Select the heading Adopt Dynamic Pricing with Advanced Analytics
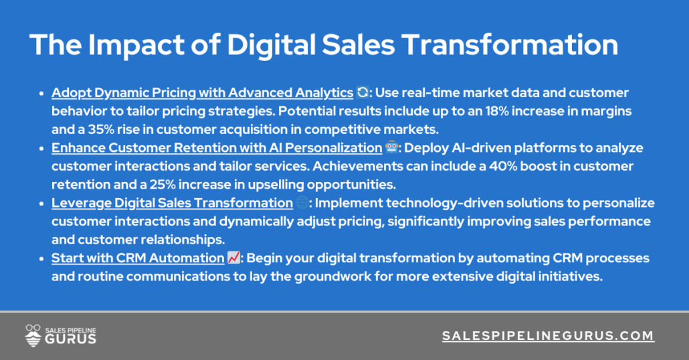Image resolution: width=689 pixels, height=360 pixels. [x=202, y=92]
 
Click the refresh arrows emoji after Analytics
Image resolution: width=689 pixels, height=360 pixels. [x=363, y=92]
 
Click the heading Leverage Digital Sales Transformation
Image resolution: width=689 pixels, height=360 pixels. [x=172, y=203]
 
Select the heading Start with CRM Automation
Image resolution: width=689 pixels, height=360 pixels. [x=137, y=258]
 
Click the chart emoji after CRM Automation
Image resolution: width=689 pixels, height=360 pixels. [x=233, y=258]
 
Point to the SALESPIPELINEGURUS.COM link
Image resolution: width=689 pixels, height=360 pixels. [x=548, y=336]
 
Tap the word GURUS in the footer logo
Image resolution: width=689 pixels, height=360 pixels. [x=71, y=339]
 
